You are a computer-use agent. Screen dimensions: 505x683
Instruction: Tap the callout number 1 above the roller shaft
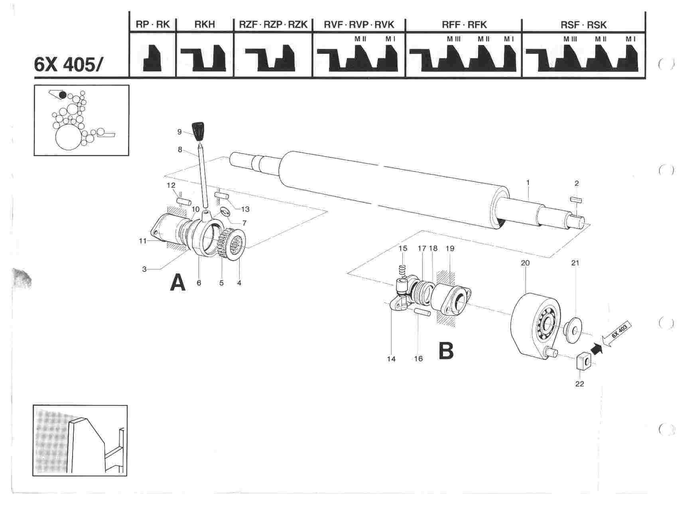(528, 183)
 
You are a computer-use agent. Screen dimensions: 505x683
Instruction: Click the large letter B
(446, 351)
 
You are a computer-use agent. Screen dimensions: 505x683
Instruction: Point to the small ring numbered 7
(224, 211)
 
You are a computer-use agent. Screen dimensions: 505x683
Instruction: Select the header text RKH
(205, 25)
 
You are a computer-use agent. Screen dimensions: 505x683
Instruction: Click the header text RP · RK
(153, 25)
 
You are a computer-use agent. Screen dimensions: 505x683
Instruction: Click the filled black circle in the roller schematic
(63, 95)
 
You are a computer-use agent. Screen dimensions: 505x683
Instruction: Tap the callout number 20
(525, 263)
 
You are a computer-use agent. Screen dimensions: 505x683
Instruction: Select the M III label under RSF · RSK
(570, 39)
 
